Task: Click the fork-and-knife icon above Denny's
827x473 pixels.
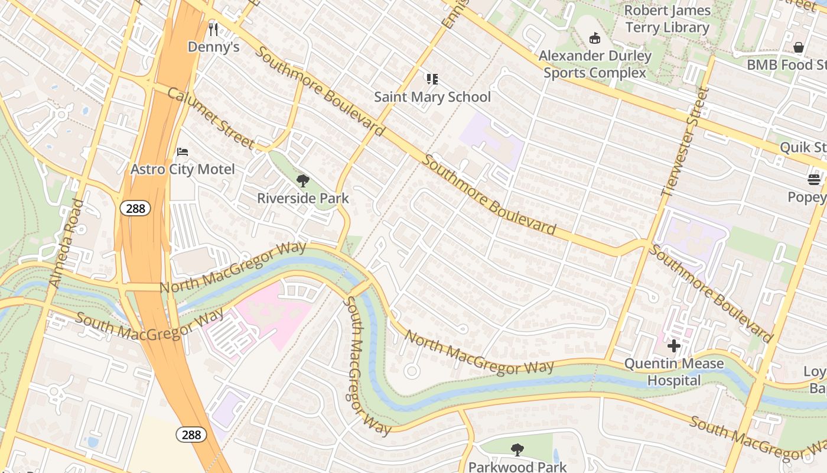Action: click(213, 29)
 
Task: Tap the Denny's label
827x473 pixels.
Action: click(213, 47)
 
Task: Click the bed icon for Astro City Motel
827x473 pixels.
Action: click(183, 152)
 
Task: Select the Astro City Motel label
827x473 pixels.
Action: click(183, 170)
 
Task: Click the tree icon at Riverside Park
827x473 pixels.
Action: click(303, 181)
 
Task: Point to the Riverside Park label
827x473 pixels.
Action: click(303, 199)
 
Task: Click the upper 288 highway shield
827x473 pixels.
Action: click(135, 208)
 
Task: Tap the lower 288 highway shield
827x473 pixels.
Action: click(191, 435)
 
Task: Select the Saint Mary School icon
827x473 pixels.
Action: click(432, 79)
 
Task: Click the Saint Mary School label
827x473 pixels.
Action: click(432, 97)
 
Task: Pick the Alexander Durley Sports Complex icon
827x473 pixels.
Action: click(595, 38)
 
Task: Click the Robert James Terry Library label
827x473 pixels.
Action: click(667, 19)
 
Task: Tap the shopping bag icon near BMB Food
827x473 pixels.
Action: click(799, 47)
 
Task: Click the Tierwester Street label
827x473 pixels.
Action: click(685, 141)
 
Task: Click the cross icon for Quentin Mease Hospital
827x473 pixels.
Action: click(674, 346)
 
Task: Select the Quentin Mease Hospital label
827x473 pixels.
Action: click(674, 372)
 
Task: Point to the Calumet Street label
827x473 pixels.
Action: click(210, 118)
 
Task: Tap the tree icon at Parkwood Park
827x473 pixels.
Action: click(517, 450)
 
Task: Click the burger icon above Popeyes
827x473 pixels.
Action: click(815, 180)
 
